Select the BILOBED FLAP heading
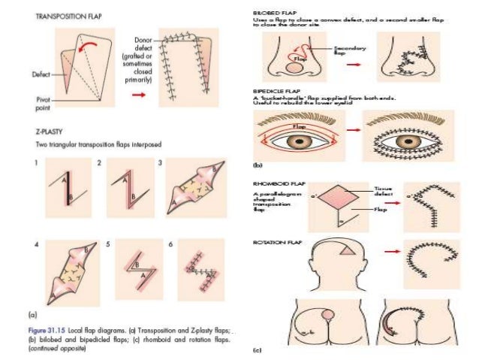pos(271,14)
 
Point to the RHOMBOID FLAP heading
pos(275,183)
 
